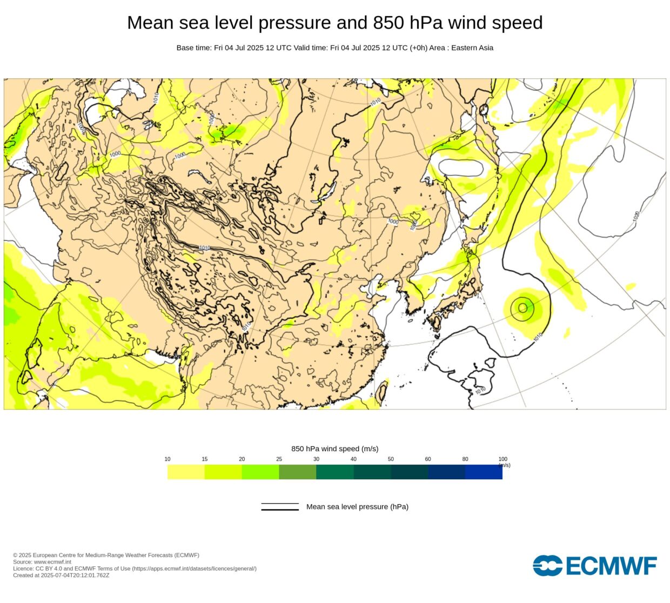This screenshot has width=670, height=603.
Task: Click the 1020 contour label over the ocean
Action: pos(636,216)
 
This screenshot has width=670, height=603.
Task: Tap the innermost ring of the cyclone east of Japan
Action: pos(522,308)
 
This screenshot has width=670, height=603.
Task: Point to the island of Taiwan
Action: pos(382,392)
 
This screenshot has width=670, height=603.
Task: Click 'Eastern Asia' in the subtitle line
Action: pos(472,48)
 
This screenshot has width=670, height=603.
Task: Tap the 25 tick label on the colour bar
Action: pos(279,459)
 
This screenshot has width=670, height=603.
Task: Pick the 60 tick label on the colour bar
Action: pos(428,459)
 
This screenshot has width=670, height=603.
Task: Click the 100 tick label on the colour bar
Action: pos(502,459)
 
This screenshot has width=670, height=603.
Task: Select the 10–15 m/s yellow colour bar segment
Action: pos(186,472)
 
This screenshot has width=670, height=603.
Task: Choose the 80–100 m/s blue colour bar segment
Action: pos(484,472)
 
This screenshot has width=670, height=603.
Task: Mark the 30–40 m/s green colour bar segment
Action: pos(335,472)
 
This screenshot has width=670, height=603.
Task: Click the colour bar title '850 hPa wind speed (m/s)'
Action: pos(334,448)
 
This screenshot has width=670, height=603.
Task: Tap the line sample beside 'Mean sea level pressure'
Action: pos(280,507)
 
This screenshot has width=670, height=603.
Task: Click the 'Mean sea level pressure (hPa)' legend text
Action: pos(357,507)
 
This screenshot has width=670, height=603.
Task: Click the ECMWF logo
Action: pos(595,566)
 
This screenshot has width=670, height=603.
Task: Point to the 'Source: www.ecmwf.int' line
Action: pos(42,562)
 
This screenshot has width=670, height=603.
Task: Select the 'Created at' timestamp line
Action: pos(61,575)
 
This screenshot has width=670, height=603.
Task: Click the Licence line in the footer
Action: pos(135,568)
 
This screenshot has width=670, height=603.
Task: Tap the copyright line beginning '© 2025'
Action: pos(106,555)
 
